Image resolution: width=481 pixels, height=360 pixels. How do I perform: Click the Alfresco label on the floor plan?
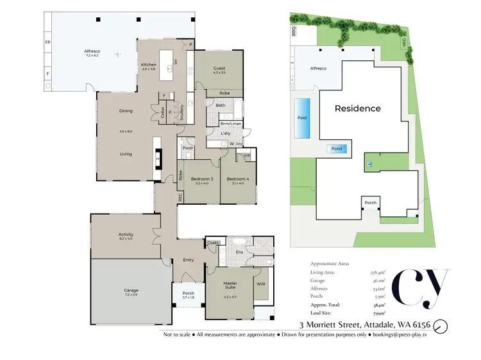90,50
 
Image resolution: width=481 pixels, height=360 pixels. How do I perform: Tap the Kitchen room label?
149,65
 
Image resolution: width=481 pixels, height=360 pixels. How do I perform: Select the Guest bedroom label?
219,67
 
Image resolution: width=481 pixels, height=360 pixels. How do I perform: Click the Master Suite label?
230,283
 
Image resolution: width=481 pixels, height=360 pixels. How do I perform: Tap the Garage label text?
131,290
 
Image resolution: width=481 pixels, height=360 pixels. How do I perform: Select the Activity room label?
126,234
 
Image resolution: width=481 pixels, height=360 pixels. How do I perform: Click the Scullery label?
182,112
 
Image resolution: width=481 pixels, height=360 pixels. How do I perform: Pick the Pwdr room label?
188,148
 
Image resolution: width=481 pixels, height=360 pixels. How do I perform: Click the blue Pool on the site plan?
302,118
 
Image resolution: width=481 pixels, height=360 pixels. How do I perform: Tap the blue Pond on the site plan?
337,149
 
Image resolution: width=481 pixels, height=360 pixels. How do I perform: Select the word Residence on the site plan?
357,108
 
